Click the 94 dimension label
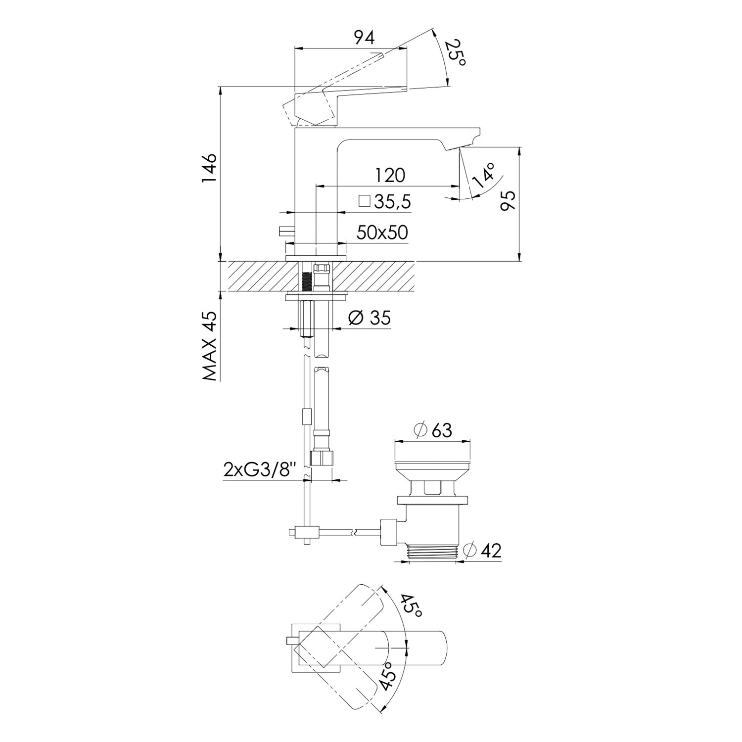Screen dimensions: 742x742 [x=365, y=38]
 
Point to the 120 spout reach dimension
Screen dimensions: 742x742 [x=390, y=175]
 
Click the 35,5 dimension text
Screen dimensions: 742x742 [x=393, y=201]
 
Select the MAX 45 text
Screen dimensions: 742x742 [x=210, y=346]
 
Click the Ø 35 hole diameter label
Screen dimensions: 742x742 [x=369, y=317]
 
